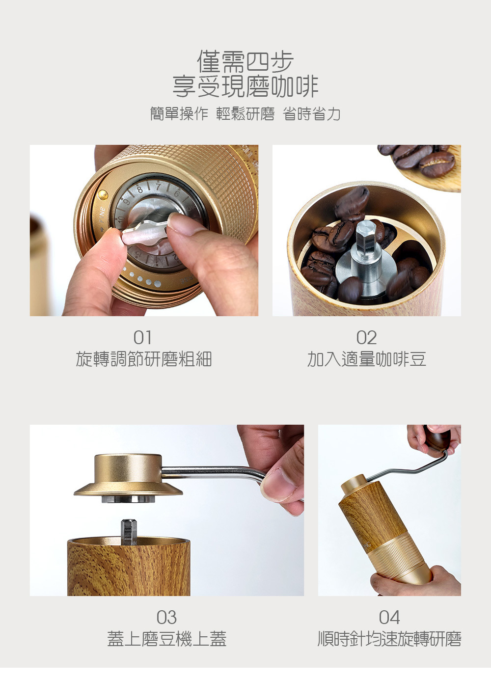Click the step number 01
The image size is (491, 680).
pyautogui.click(x=142, y=338)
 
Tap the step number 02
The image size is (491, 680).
pyautogui.click(x=366, y=338)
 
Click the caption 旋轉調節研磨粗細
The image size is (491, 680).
pyautogui.click(x=144, y=359)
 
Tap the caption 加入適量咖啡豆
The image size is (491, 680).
pyautogui.click(x=366, y=359)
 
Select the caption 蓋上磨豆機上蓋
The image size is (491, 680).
pyautogui.click(x=167, y=639)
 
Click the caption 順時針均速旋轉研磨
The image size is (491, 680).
pyautogui.click(x=389, y=639)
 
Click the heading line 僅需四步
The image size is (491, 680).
pyautogui.click(x=245, y=62)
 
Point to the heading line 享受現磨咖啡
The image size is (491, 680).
pyautogui.click(x=245, y=86)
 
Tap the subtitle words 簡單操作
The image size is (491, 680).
pyautogui.click(x=179, y=114)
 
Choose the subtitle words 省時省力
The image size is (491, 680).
pyautogui.click(x=312, y=114)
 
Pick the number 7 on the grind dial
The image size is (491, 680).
pyautogui.click(x=158, y=187)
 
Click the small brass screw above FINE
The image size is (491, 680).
pyautogui.click(x=103, y=194)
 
